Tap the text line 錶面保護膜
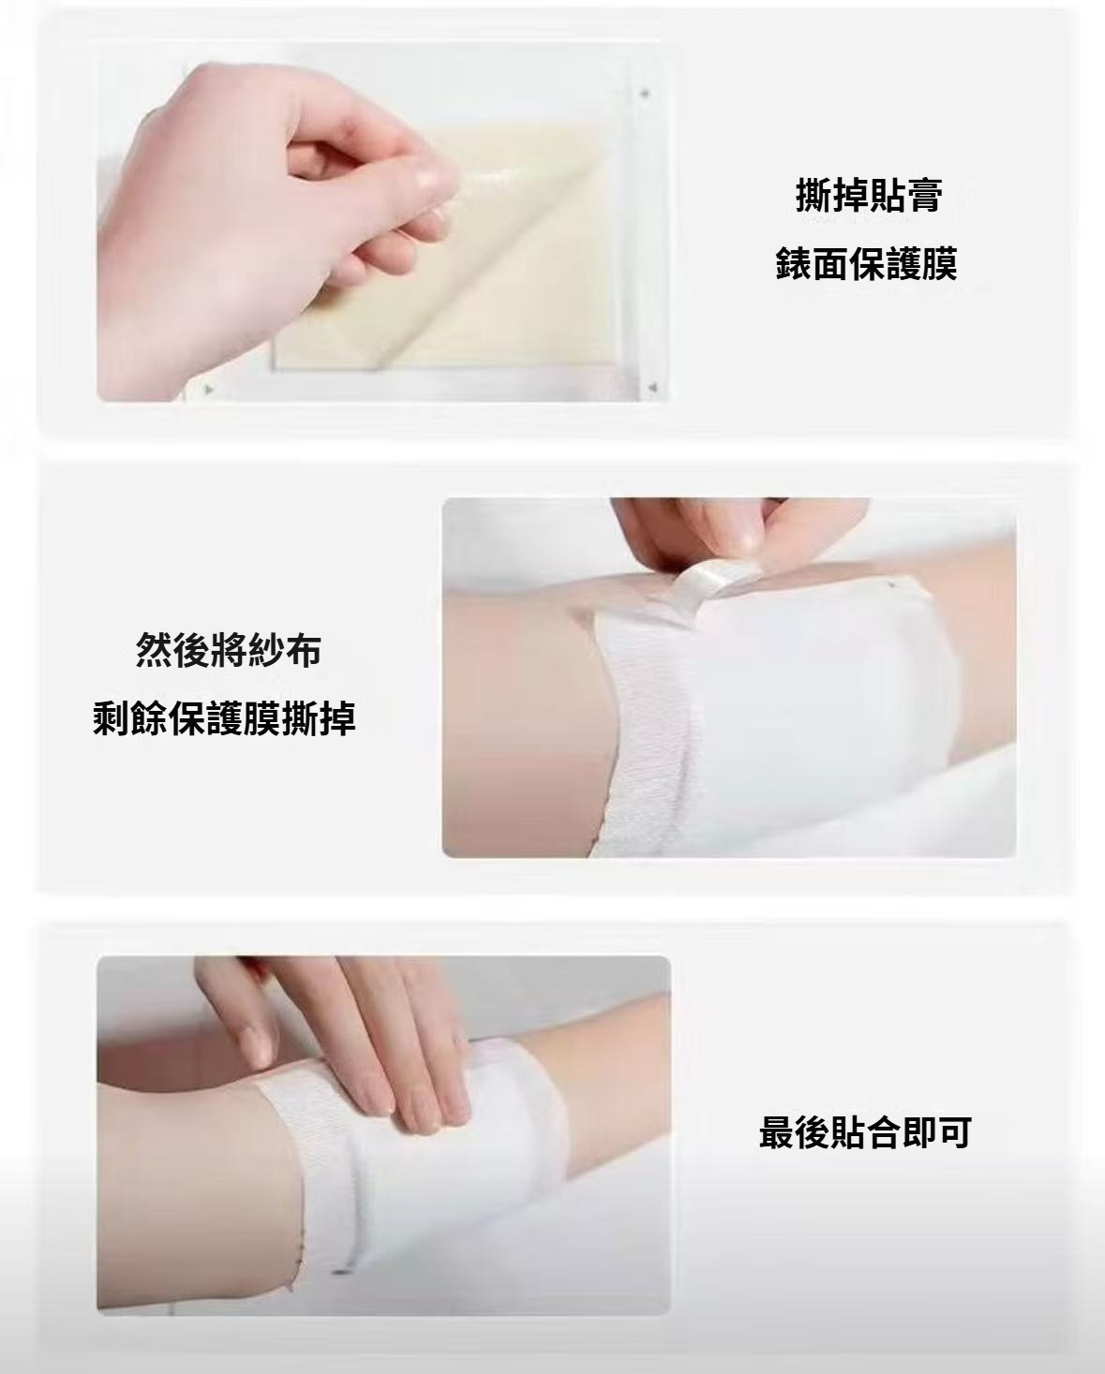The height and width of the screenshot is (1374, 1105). pyautogui.click(x=867, y=263)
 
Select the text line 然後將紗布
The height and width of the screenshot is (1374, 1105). pyautogui.click(x=228, y=650)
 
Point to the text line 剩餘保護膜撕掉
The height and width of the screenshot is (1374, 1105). pyautogui.click(x=224, y=719)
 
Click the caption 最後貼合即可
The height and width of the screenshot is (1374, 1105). pyautogui.click(x=865, y=1132)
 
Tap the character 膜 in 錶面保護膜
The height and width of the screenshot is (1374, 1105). pyautogui.click(x=940, y=263)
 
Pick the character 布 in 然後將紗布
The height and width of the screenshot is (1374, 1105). pyautogui.click(x=303, y=650)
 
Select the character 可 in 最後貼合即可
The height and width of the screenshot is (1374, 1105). pyautogui.click(x=954, y=1132)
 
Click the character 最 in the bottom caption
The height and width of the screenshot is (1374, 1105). pyautogui.click(x=777, y=1132)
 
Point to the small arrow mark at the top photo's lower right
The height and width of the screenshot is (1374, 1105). pyautogui.click(x=652, y=387)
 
